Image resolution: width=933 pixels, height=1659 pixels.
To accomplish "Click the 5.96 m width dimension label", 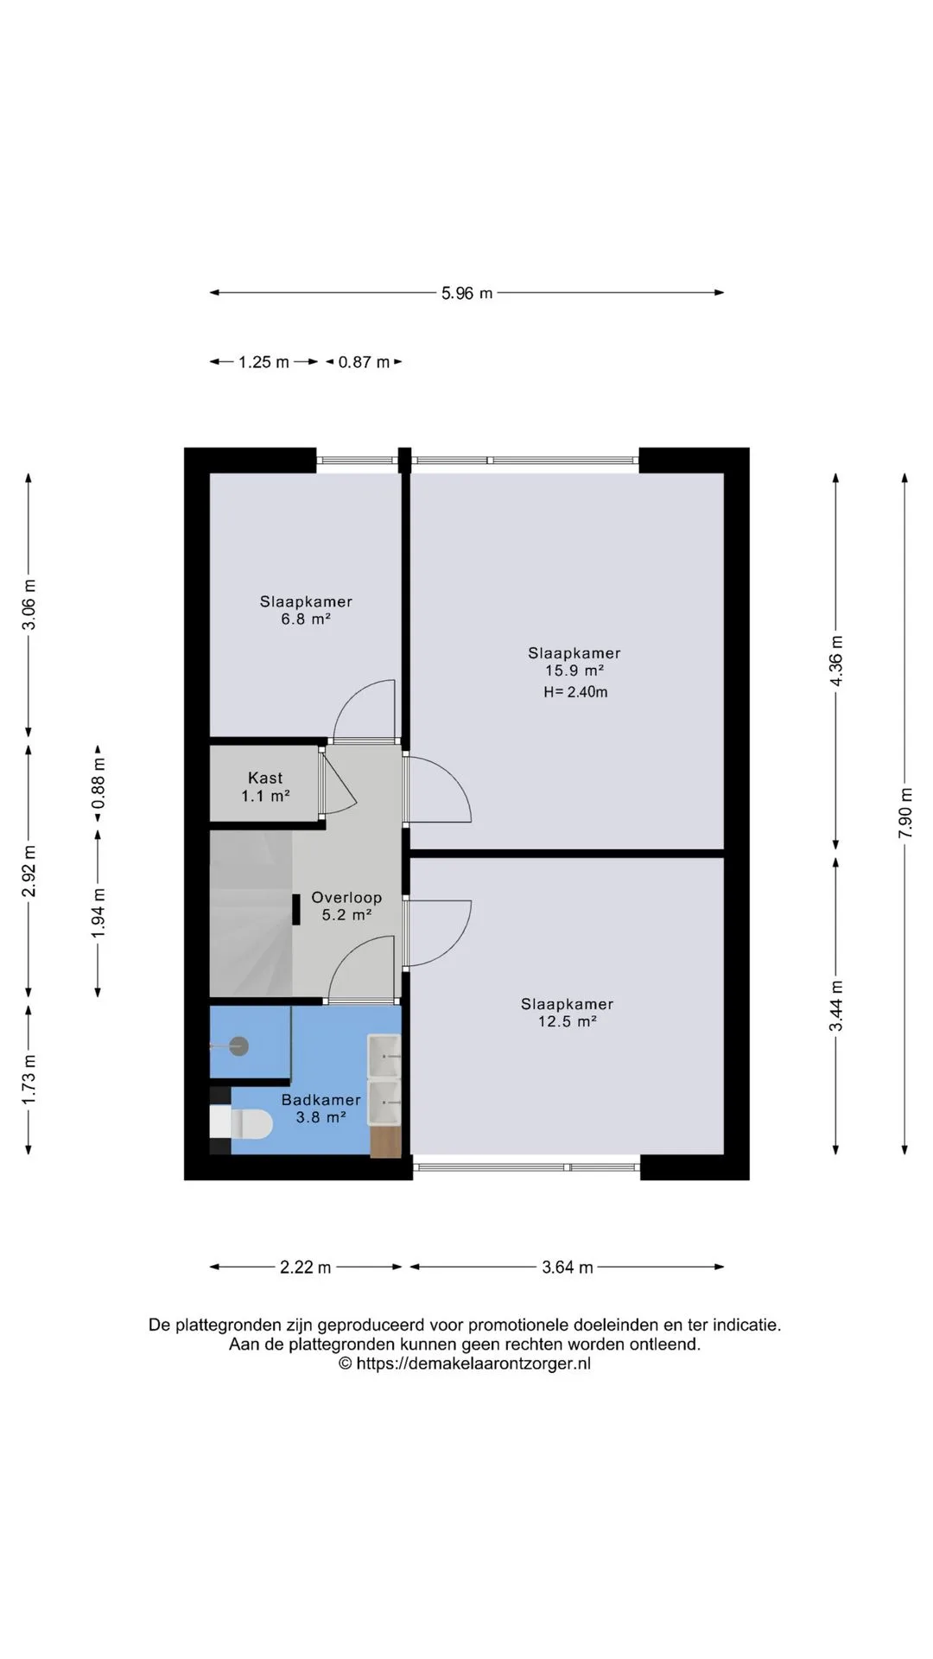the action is pyautogui.click(x=466, y=293).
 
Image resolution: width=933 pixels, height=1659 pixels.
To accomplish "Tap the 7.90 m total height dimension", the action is pyautogui.click(x=905, y=812).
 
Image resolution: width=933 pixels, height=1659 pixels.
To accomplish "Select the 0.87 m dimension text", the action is pyautogui.click(x=364, y=362).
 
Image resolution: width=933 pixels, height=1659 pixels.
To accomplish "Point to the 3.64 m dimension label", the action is pyautogui.click(x=568, y=1268).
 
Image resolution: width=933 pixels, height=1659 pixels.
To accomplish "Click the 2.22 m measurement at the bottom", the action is pyautogui.click(x=305, y=1268).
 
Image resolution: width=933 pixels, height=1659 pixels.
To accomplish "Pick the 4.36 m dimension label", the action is pyautogui.click(x=836, y=661).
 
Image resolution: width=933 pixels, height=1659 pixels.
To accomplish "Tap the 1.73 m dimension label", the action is pyautogui.click(x=29, y=1078).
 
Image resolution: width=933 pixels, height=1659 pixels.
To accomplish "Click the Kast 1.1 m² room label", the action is pyautogui.click(x=265, y=787).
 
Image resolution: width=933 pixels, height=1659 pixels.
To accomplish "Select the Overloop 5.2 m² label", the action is pyautogui.click(x=346, y=906).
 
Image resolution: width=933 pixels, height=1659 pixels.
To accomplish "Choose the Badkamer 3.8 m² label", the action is pyautogui.click(x=321, y=1109).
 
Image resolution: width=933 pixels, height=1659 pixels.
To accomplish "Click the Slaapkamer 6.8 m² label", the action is pyautogui.click(x=306, y=610).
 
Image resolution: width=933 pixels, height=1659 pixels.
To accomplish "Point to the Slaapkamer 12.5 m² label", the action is pyautogui.click(x=567, y=1013).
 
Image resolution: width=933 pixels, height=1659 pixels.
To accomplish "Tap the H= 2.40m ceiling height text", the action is pyautogui.click(x=575, y=692).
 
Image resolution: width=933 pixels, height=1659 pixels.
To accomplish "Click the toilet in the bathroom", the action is pyautogui.click(x=242, y=1123).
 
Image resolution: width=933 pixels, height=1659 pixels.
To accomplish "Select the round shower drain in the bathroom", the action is pyautogui.click(x=238, y=1046).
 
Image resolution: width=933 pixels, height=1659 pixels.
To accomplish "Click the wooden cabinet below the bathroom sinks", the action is pyautogui.click(x=386, y=1141).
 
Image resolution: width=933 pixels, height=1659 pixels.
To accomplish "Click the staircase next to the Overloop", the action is pyautogui.click(x=251, y=913).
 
